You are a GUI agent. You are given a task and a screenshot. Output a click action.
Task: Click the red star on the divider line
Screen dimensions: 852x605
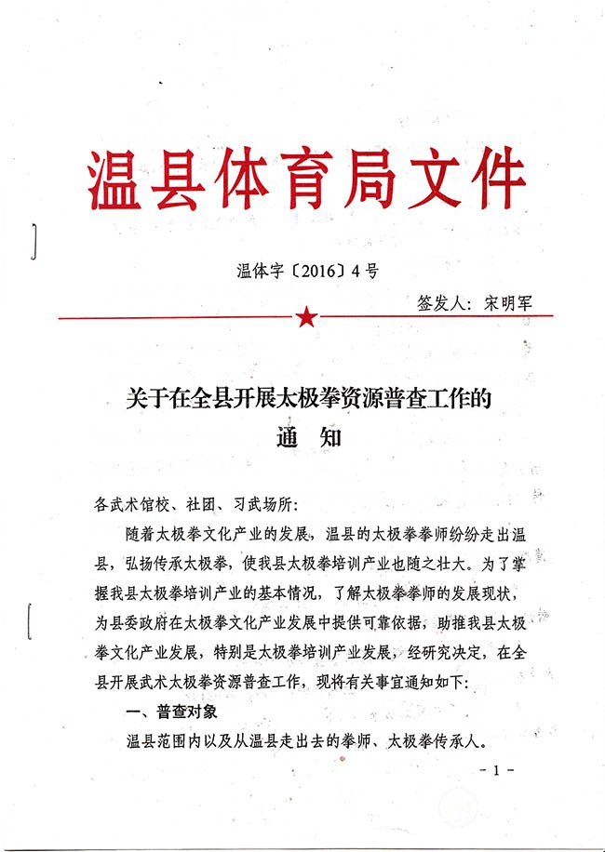(x=305, y=318)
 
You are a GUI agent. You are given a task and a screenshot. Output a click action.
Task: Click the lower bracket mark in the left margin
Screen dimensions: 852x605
(x=34, y=619)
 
